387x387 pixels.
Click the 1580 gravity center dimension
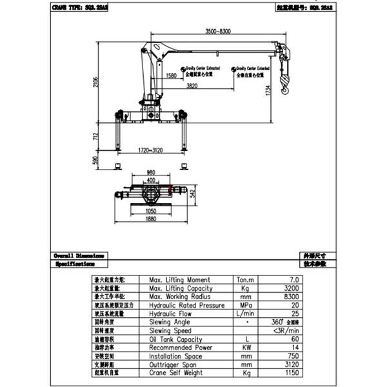171,75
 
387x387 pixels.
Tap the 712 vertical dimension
95,137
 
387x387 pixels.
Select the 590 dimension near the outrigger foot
95,160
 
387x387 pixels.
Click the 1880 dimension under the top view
151,219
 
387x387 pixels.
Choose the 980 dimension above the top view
151,172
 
